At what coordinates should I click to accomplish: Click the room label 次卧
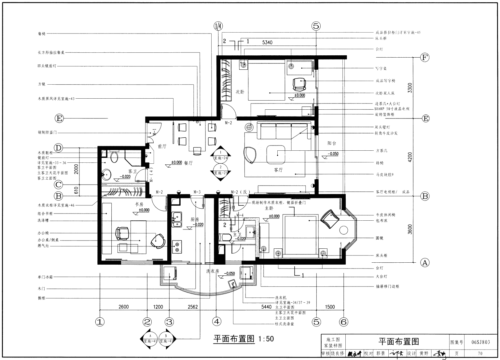coord(240,92)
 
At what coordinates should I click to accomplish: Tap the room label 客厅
coord(278,170)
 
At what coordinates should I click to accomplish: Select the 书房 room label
coord(139,204)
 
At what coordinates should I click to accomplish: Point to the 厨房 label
coord(195,220)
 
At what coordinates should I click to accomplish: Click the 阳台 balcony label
coord(332,143)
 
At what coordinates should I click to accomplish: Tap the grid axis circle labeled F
coord(424,58)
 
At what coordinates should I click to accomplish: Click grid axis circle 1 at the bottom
coord(100,322)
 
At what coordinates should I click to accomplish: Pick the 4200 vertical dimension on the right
coord(410,157)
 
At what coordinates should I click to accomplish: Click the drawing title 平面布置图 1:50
coord(243,339)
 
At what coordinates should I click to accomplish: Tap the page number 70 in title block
coord(480,353)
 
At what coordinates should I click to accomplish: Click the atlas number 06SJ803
coord(480,342)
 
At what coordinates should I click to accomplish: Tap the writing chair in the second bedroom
coord(299,84)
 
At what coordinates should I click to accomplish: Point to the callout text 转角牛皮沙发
coord(386,133)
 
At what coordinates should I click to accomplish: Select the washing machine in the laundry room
coord(246,273)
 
